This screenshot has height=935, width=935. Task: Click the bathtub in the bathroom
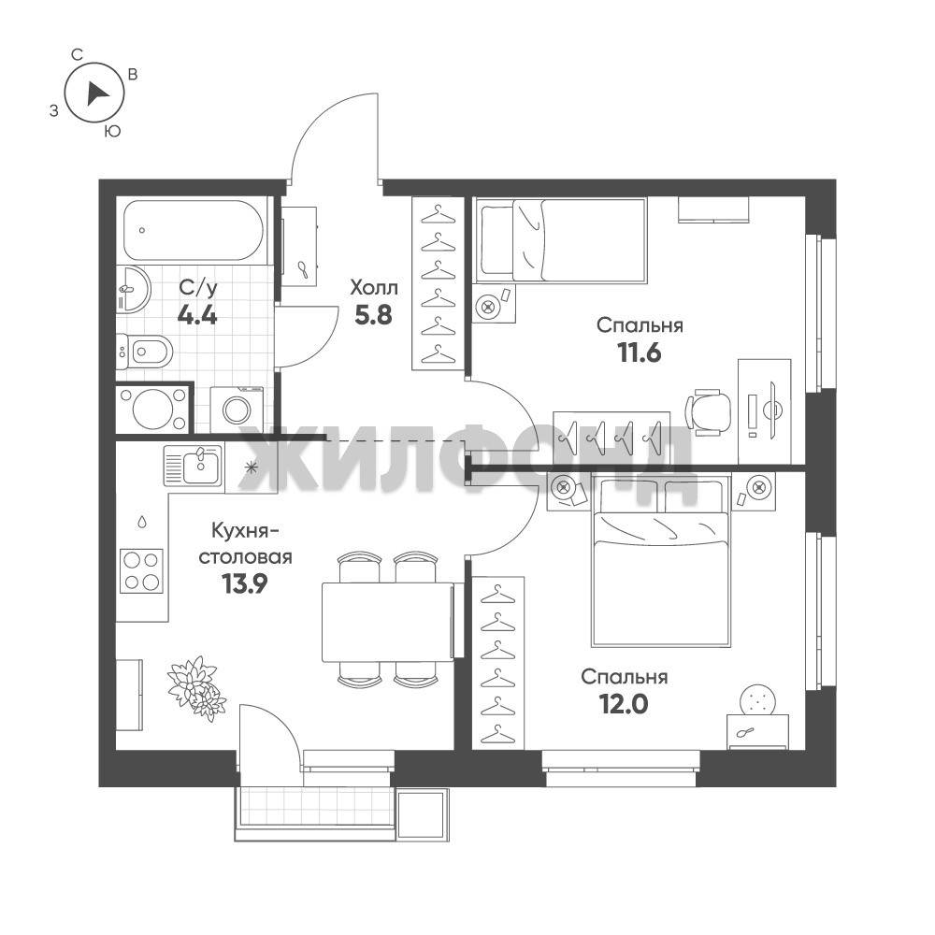coord(194,230)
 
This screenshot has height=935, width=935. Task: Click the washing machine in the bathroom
coord(237,409)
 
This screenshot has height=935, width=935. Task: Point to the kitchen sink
coord(194,467)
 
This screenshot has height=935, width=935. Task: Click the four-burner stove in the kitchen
coord(142,570)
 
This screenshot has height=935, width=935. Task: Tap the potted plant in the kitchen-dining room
coord(196,688)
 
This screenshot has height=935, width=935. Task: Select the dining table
coord(388,622)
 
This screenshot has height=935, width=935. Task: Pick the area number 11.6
coord(640,353)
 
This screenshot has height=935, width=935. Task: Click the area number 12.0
coord(625,705)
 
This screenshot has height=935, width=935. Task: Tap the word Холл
coord(374,289)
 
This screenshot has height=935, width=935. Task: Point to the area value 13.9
coord(244,584)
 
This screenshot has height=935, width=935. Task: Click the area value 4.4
coord(197,313)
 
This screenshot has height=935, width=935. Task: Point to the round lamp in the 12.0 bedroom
coord(757,699)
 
